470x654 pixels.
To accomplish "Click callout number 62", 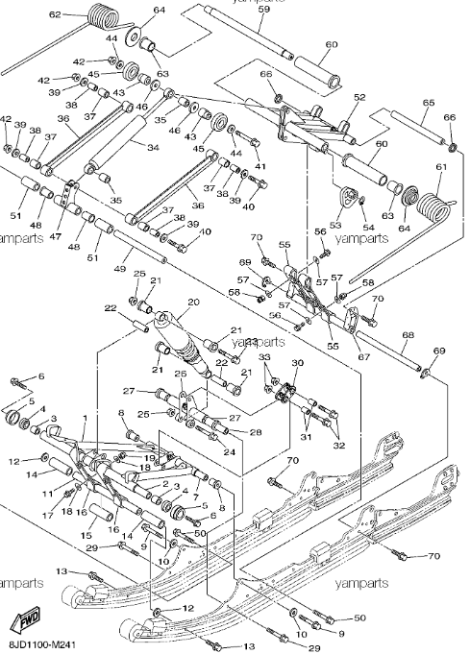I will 55,14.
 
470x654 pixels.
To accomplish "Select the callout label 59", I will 263,9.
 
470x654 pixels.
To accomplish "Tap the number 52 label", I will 359,97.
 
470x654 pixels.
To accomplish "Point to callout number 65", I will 428,102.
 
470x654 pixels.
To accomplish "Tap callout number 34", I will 151,147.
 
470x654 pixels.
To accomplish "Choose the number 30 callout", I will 297,363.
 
